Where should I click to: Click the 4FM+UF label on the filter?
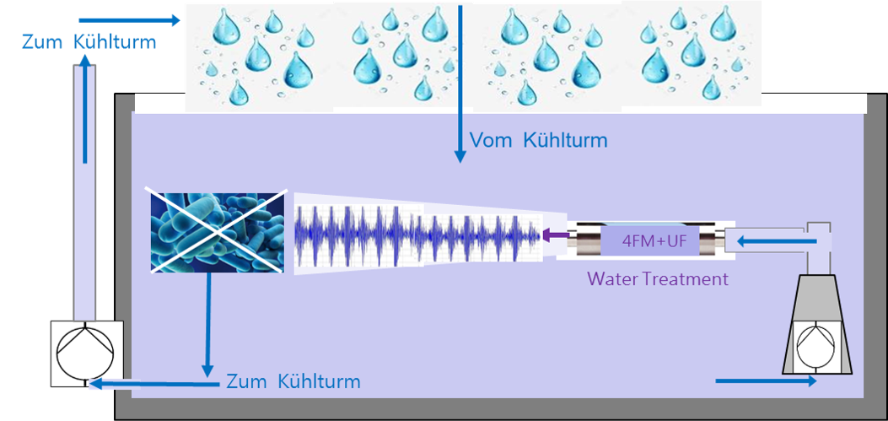[x=653, y=242]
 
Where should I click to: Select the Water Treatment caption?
[x=658, y=278]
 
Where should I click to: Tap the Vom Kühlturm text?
[x=538, y=140]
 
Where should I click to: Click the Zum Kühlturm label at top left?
[x=89, y=41]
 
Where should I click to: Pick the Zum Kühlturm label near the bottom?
[x=293, y=381]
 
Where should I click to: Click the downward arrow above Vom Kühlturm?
[x=460, y=84]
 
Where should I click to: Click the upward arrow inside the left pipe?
[x=85, y=110]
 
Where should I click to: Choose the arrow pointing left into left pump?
[x=152, y=384]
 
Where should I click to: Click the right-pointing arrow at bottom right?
[x=766, y=381]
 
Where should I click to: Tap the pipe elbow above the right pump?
[x=819, y=240]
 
